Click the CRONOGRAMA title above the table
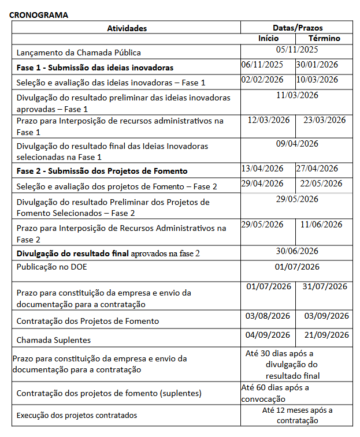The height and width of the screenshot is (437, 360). point(39,15)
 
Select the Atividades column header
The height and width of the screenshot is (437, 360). point(127,28)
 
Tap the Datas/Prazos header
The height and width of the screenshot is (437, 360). point(297,28)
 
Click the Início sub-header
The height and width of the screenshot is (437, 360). point(268,38)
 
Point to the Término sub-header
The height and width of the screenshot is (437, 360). point(324,38)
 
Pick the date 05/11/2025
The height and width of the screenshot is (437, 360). point(297,50)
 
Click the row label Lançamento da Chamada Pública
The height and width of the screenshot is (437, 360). point(79,52)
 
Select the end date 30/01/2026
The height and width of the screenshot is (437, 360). point(317,65)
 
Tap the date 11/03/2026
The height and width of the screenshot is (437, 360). point(297,95)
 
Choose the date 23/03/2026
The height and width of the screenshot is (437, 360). point(324,120)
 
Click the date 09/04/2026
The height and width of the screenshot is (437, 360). point(297,144)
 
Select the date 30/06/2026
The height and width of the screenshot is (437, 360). point(297,251)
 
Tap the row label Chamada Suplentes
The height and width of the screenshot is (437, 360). point(54,339)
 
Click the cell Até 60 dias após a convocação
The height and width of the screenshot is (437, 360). point(274,393)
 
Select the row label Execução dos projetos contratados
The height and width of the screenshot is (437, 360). point(77,414)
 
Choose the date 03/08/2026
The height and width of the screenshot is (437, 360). point(268,316)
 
